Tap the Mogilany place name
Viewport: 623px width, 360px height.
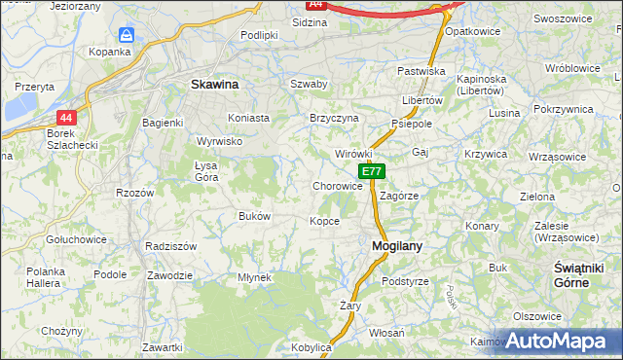[397, 246]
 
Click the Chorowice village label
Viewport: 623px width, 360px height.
[338, 186]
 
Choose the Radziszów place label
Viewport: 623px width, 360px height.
[171, 246]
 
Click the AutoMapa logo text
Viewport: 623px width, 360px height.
[558, 341]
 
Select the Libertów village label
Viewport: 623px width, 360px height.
[422, 100]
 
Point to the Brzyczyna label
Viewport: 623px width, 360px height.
[334, 118]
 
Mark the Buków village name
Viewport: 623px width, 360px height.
[254, 216]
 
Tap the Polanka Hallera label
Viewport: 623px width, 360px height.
[45, 276]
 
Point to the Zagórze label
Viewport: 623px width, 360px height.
[399, 195]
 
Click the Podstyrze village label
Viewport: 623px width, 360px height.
[405, 281]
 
